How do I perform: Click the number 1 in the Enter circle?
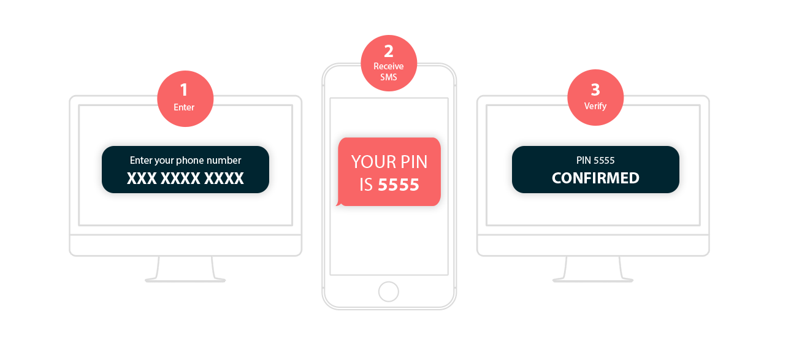pyautogui.click(x=184, y=90)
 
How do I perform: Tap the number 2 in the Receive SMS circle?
pyautogui.click(x=388, y=51)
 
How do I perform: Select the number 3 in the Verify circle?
pyautogui.click(x=595, y=90)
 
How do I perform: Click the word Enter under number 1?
pyautogui.click(x=184, y=107)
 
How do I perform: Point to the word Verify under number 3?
pyautogui.click(x=595, y=106)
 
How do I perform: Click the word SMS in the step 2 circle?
pyautogui.click(x=388, y=77)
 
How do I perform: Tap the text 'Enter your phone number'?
pyautogui.click(x=185, y=161)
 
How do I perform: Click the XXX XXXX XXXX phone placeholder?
pyautogui.click(x=185, y=178)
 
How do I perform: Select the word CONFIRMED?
pyautogui.click(x=595, y=178)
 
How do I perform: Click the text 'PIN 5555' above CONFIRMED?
pyautogui.click(x=595, y=161)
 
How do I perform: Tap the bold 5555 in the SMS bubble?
pyautogui.click(x=399, y=185)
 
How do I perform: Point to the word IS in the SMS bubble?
pyautogui.click(x=366, y=185)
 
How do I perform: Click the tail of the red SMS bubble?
pyautogui.click(x=337, y=203)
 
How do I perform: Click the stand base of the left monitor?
pyautogui.click(x=185, y=280)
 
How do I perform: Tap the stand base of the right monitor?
pyautogui.click(x=593, y=280)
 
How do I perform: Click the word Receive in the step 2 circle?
pyautogui.click(x=388, y=66)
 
